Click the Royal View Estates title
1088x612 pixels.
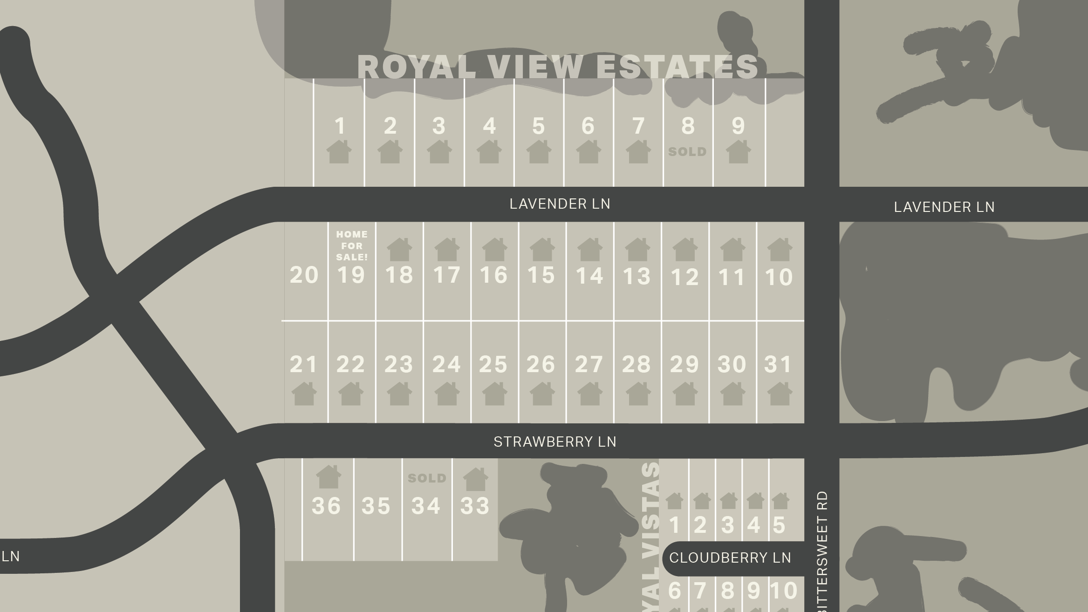[x=557, y=67]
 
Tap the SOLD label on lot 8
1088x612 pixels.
[x=687, y=152]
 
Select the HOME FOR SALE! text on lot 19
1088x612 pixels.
[x=352, y=245]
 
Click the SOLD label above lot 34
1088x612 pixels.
[x=427, y=478]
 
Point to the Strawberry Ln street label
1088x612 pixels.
[x=555, y=442]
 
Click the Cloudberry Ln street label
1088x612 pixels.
[x=730, y=558]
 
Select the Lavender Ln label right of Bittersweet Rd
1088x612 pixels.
[x=944, y=207]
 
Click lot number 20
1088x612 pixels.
[x=304, y=275]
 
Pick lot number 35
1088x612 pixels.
[x=376, y=506]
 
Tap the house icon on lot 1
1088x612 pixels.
[x=339, y=152]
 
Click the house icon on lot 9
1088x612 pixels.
[x=738, y=152]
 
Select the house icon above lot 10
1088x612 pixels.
[x=780, y=250]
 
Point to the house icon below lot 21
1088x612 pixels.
[x=304, y=394]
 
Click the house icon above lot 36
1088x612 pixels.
[x=328, y=477]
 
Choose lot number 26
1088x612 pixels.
[x=541, y=364]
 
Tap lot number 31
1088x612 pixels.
[x=778, y=364]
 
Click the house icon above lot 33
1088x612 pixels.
[x=475, y=479]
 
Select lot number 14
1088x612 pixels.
[x=589, y=276]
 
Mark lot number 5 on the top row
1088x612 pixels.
[x=539, y=126]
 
